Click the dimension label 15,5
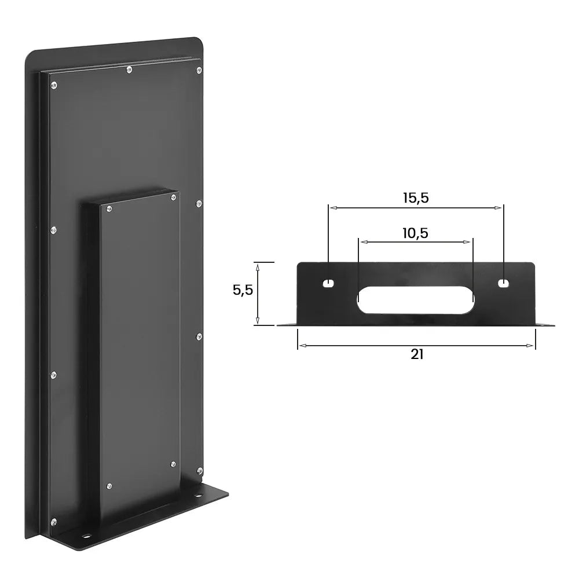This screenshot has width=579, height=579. (416, 197)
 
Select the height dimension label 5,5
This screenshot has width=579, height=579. (243, 290)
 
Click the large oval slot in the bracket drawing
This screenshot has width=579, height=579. (416, 299)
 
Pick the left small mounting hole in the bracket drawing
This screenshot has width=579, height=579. (328, 283)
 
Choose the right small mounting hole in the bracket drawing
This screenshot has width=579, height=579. (504, 283)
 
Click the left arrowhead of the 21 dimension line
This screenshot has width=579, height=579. (301, 346)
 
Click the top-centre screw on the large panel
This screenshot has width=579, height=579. (129, 69)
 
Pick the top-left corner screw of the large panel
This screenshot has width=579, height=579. (54, 86)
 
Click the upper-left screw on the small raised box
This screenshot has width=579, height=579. (108, 207)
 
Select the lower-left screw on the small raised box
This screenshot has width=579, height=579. (109, 485)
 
